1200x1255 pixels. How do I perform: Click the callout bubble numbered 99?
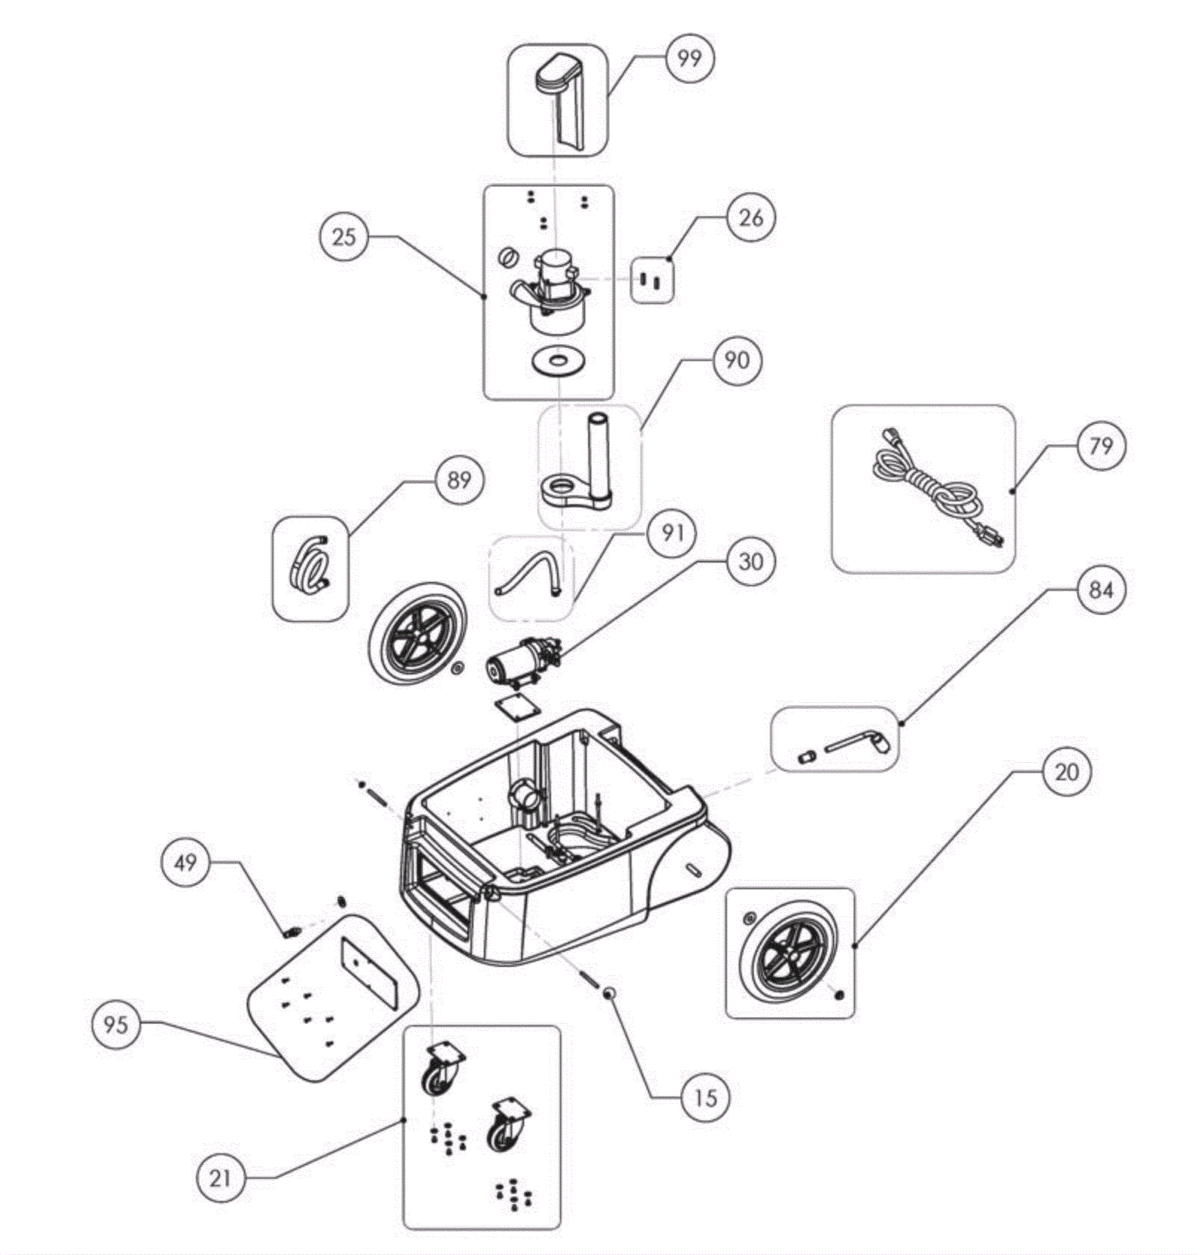[x=688, y=58]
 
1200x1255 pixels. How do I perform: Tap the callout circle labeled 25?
[x=343, y=237]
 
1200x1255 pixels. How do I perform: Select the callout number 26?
[x=750, y=218]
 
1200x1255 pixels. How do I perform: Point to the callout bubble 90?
[x=736, y=361]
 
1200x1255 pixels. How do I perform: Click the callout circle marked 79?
[x=1100, y=446]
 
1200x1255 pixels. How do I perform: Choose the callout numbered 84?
[x=1100, y=590]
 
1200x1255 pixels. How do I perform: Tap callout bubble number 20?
[x=1066, y=772]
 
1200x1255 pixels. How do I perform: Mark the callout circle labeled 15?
[x=705, y=1098]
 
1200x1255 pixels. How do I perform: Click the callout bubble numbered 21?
[x=220, y=1178]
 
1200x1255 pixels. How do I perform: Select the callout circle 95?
[x=115, y=1024]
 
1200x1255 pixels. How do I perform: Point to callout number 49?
[x=185, y=862]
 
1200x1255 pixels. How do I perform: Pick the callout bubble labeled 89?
[x=459, y=479]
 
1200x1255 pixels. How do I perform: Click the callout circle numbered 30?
[x=750, y=561]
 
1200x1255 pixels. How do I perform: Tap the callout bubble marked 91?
[x=672, y=533]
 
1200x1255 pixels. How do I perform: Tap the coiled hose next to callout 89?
[x=309, y=561]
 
